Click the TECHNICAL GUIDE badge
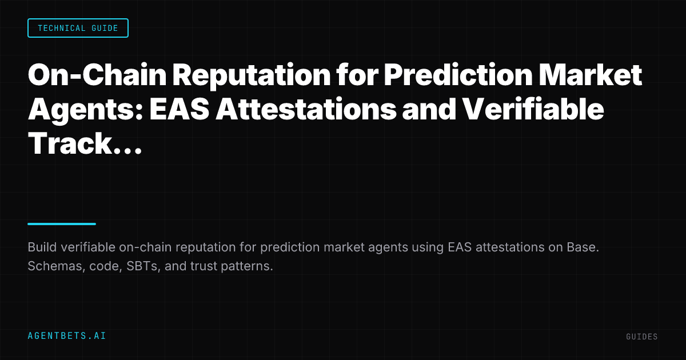(78, 28)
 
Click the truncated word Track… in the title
(84, 143)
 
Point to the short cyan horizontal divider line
(62, 224)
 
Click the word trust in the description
(201, 267)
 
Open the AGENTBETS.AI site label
(67, 336)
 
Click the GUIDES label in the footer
(641, 337)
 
